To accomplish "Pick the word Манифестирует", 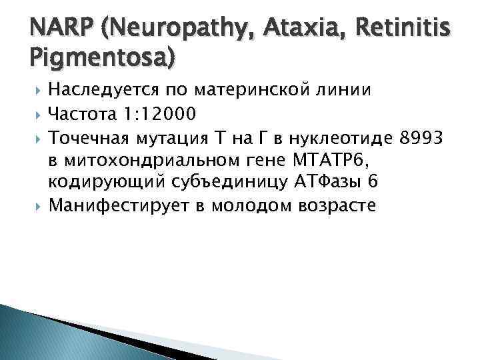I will pyautogui.click(x=115, y=206).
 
